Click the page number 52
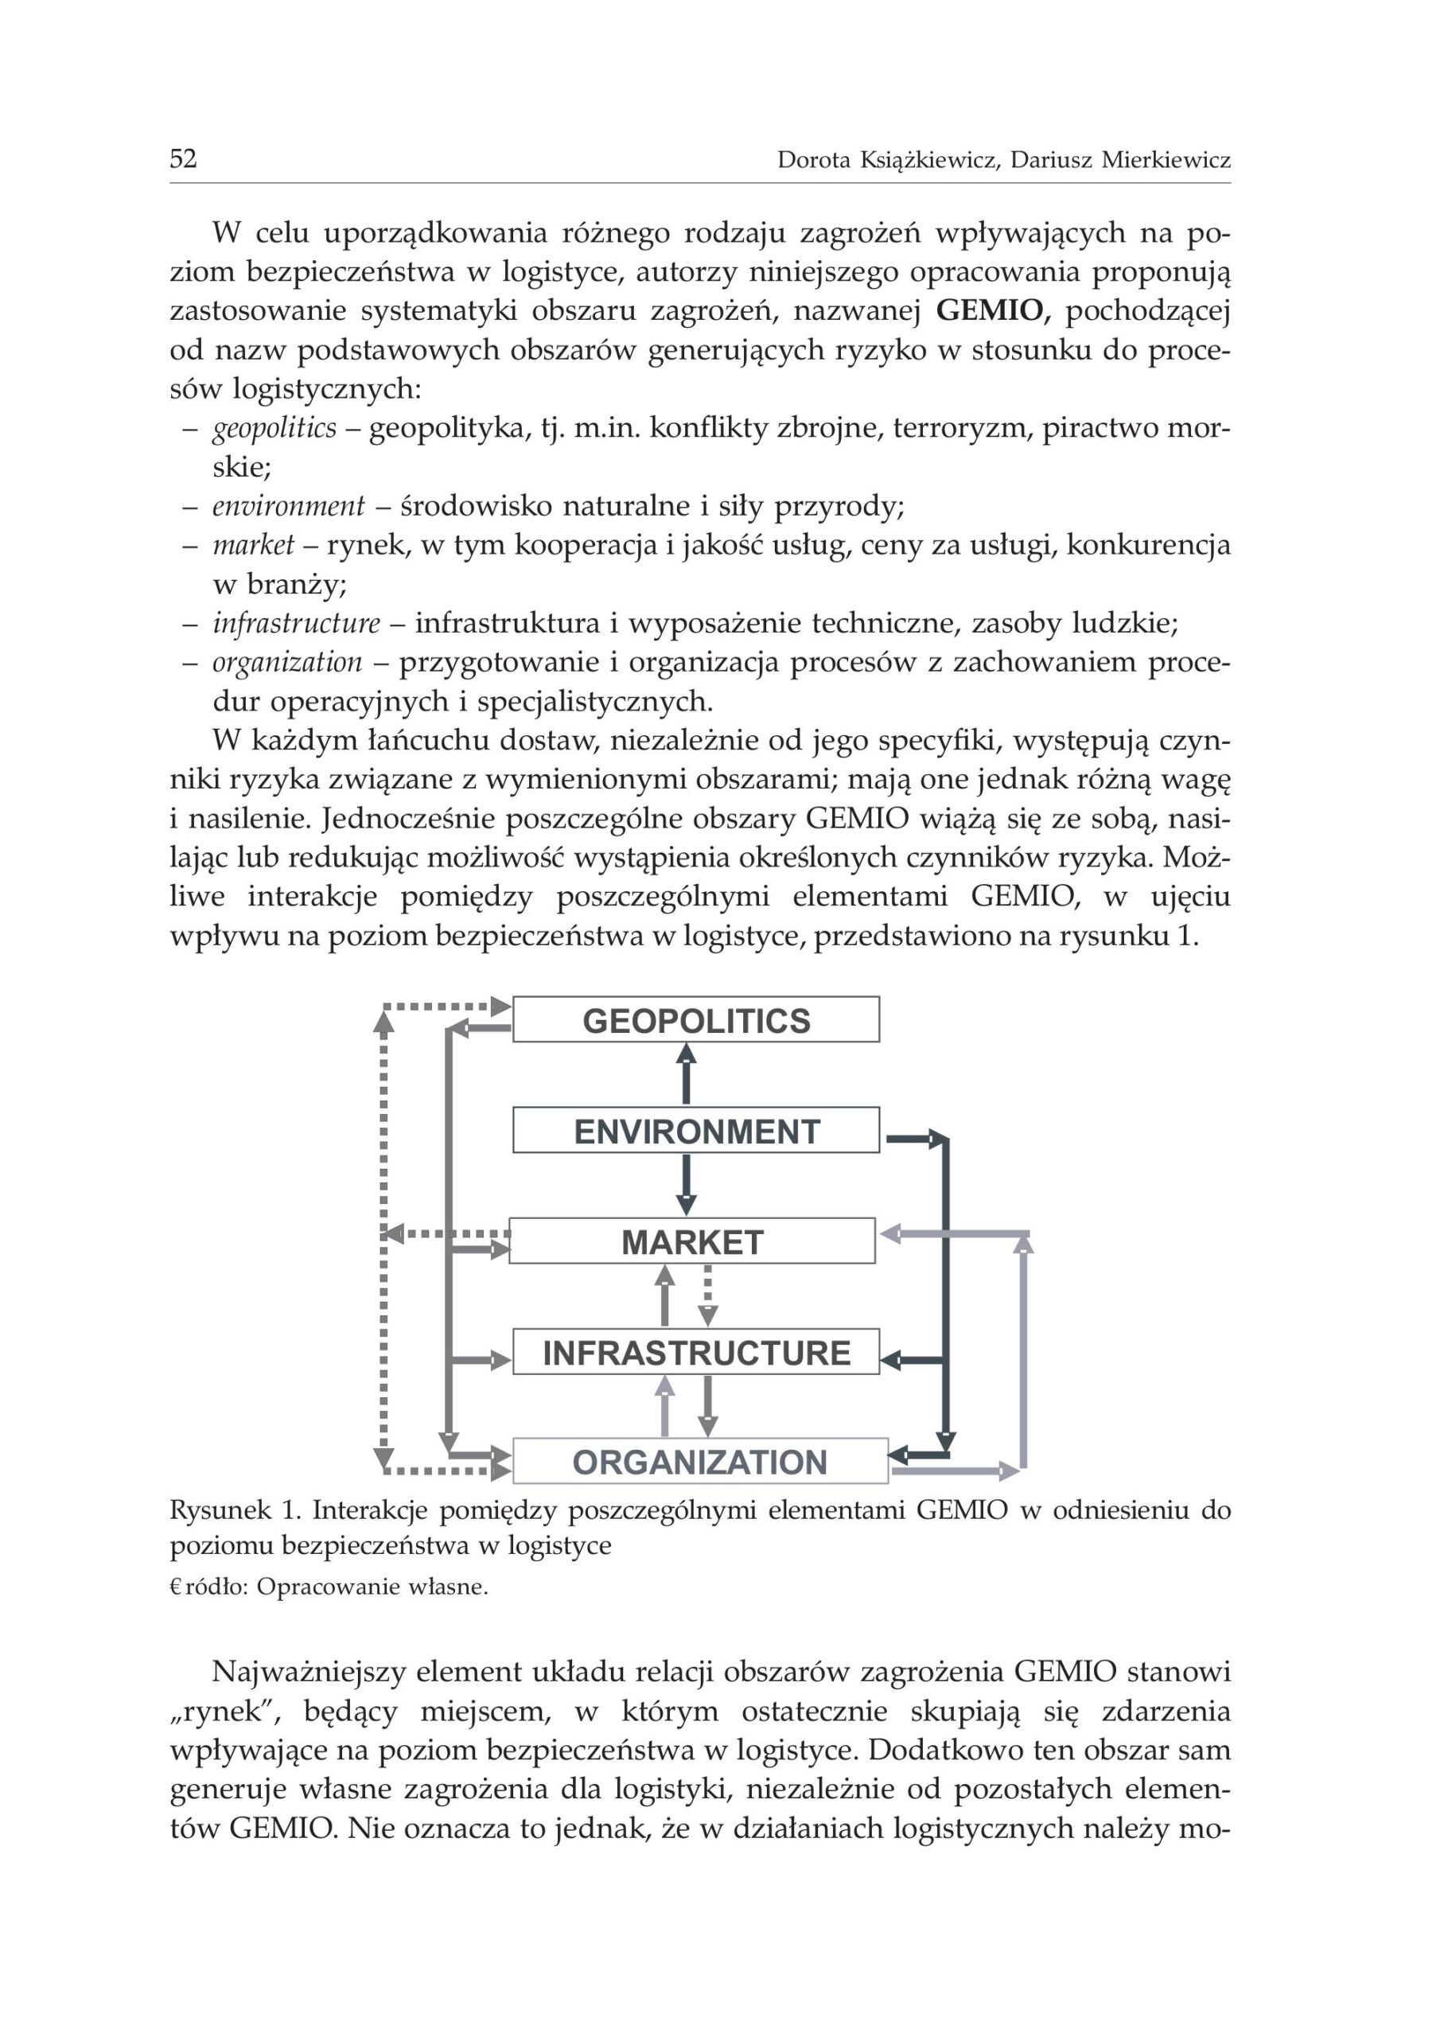tap(183, 159)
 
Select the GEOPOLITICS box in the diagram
tap(696, 1020)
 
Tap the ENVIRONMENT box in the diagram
tap(696, 1131)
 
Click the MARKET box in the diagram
tap(692, 1241)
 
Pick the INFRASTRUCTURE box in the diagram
tap(696, 1353)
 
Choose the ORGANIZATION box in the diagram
tap(700, 1462)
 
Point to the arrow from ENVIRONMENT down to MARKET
tap(686, 1186)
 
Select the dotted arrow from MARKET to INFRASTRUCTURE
tap(708, 1295)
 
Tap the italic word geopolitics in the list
tap(274, 429)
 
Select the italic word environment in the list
tap(288, 506)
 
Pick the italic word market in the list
tap(254, 545)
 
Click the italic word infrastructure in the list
tap(296, 623)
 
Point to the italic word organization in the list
tap(287, 662)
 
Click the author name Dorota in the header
tap(814, 160)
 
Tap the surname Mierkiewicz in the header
tap(1166, 160)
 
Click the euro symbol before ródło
tap(175, 1588)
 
